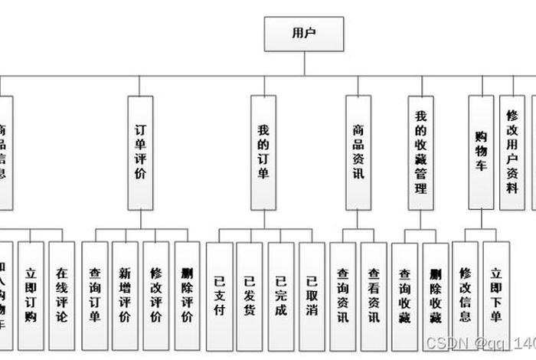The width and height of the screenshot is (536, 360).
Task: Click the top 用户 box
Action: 304,34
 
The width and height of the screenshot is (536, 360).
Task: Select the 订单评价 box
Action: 141,152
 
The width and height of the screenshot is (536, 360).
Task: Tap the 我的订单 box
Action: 263,152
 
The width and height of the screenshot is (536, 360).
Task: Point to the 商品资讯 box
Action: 358,152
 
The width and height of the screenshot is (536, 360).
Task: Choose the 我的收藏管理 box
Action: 420,152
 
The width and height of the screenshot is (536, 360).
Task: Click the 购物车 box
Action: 481,152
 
